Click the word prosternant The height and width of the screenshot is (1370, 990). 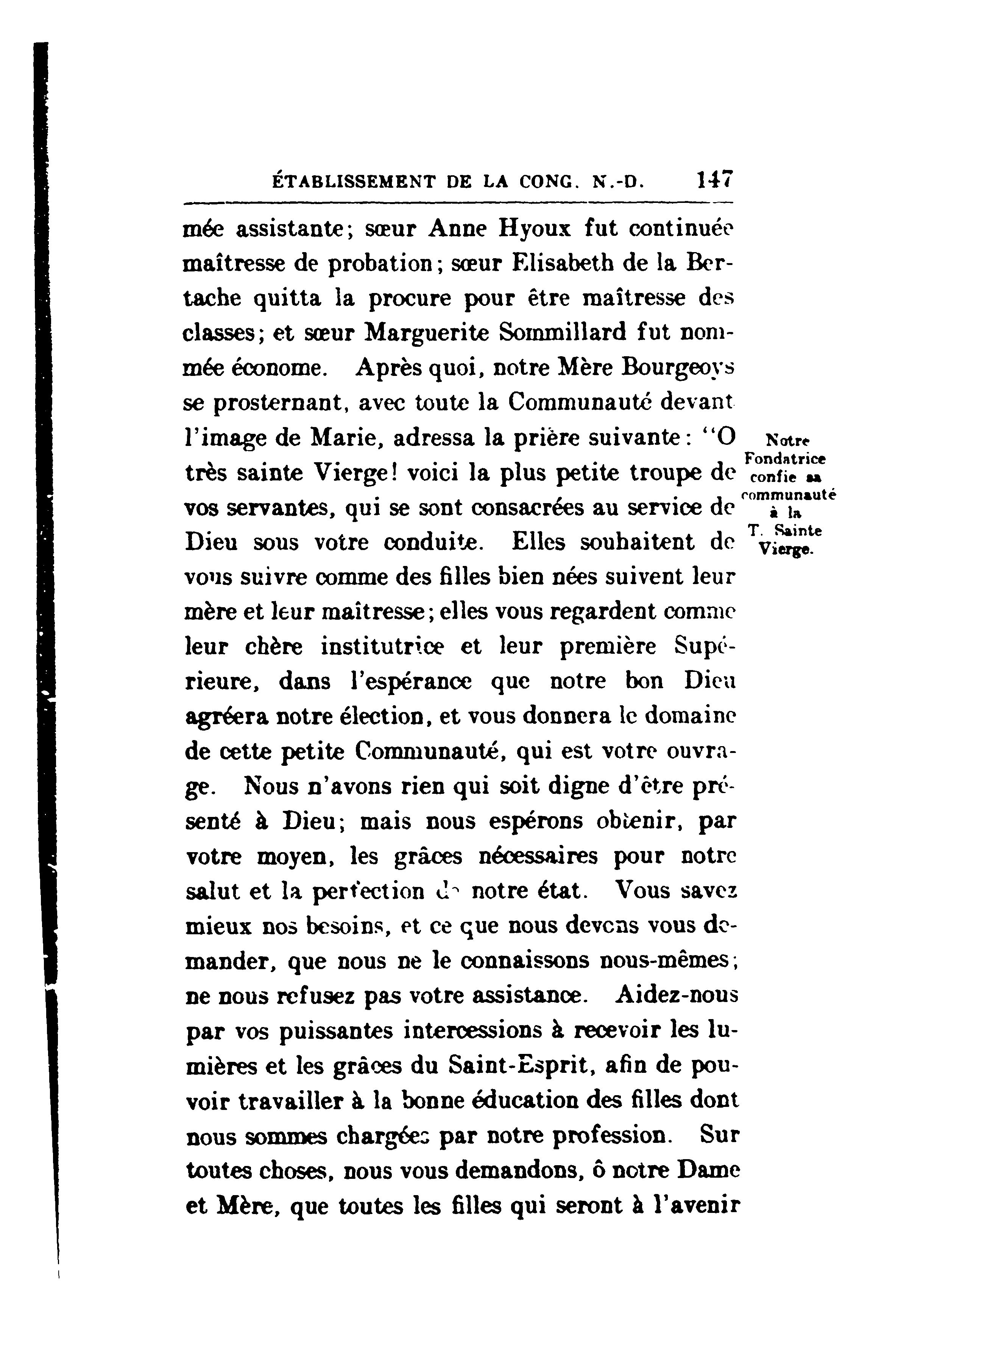point(279,403)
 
